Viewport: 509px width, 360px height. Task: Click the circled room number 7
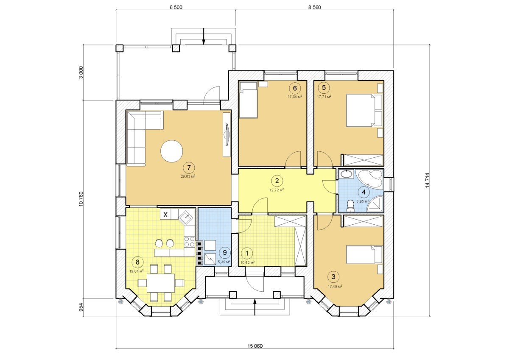(189, 168)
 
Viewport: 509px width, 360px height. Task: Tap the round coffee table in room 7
(171, 151)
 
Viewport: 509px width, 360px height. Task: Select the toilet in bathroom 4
(351, 206)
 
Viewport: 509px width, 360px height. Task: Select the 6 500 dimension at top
(176, 7)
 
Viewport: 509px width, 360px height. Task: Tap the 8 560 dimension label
(314, 7)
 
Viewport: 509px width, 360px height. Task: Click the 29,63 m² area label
(188, 176)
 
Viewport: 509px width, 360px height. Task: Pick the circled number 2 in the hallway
(277, 181)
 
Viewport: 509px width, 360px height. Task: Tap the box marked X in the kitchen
(166, 214)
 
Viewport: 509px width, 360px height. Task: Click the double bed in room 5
(364, 110)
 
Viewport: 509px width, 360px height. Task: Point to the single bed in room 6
(248, 100)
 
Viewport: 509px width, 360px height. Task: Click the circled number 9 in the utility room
(225, 253)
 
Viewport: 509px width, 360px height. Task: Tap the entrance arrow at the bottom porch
(255, 307)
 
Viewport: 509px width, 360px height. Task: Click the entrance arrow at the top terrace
(204, 36)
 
